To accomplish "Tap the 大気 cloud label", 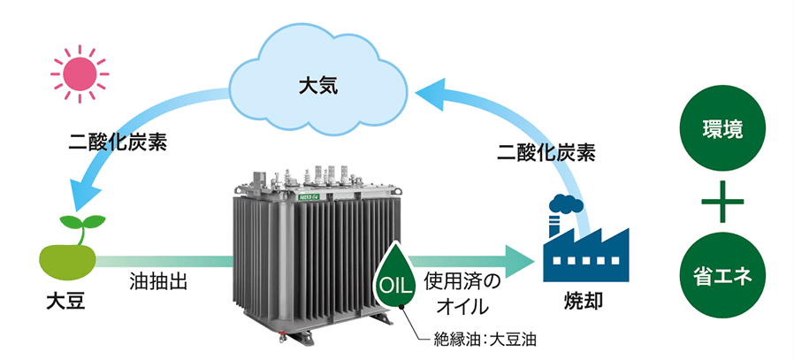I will coord(319,87).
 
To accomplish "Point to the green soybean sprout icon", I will coord(67,247).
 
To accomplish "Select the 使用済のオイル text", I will coord(462,294).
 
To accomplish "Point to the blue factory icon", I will coord(584,249).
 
